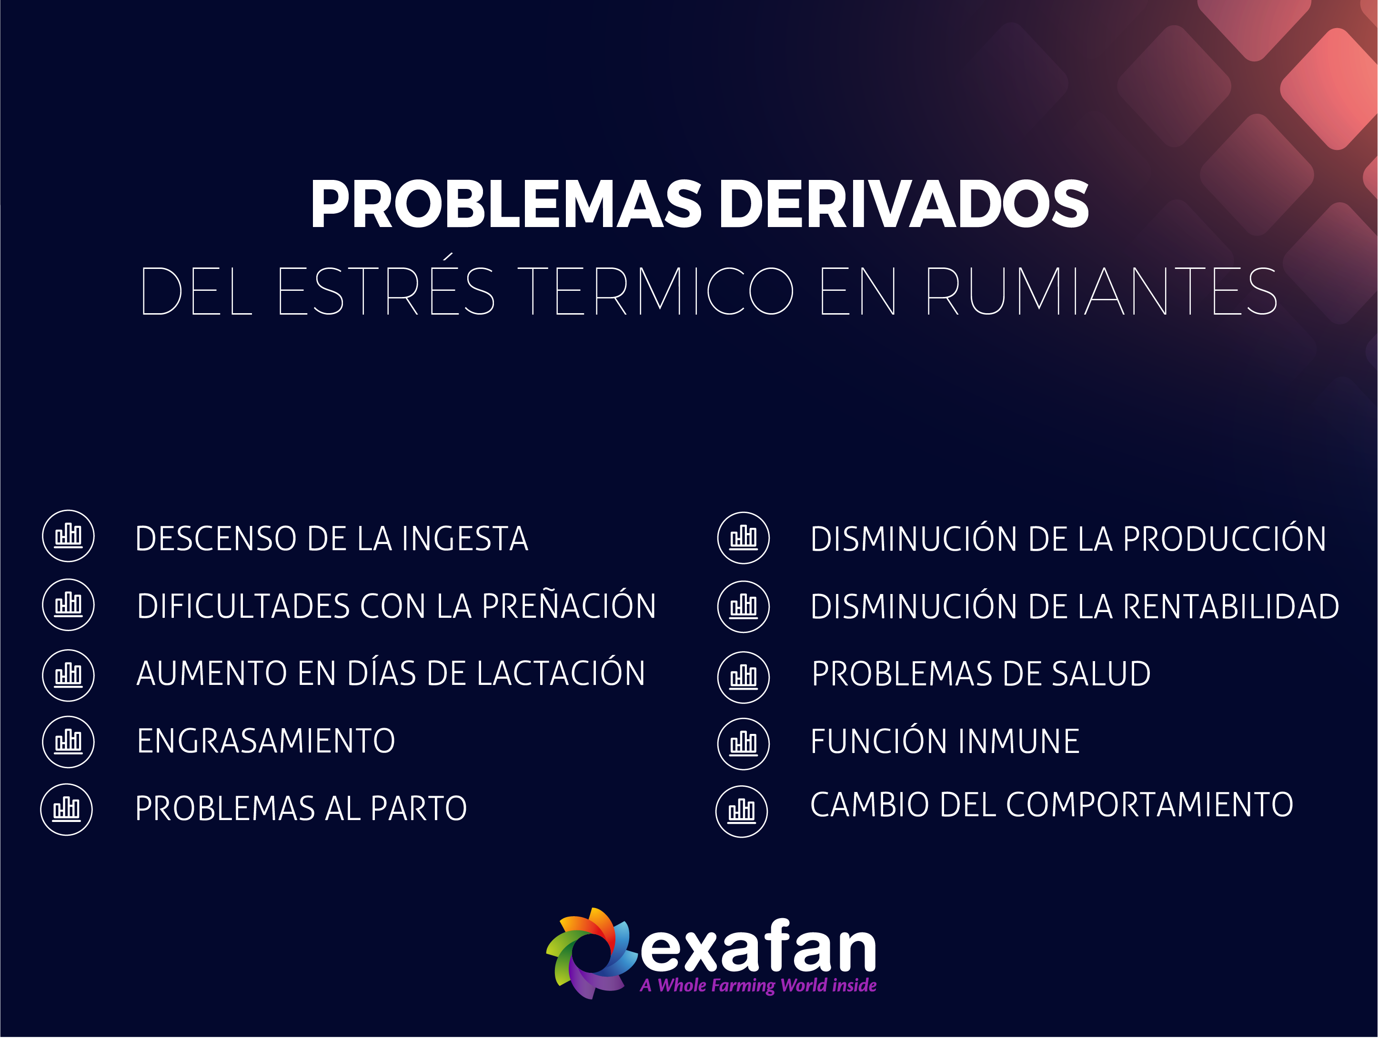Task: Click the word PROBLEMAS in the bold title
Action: (506, 204)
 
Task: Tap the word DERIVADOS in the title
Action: (905, 204)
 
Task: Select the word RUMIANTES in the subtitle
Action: (1101, 291)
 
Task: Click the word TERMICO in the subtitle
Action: (656, 291)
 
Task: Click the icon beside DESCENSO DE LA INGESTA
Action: (69, 536)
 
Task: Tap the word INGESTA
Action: (465, 539)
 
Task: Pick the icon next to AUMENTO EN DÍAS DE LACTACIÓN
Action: (69, 675)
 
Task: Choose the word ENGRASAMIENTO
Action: (266, 741)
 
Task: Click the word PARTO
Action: (419, 809)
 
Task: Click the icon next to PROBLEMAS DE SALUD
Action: (744, 677)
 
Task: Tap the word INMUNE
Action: (1018, 742)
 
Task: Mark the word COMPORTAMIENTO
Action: (1149, 805)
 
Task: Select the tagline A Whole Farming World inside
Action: (758, 986)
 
